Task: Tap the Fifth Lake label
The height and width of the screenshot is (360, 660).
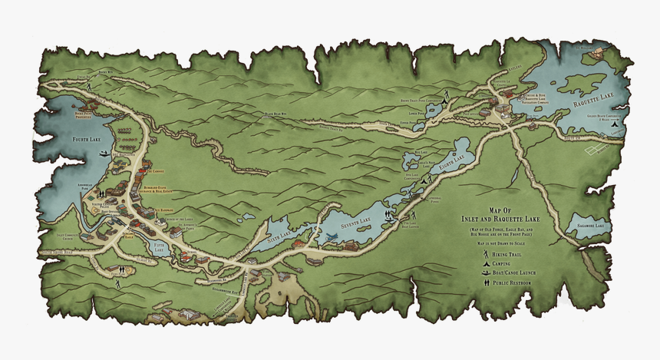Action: coord(159,247)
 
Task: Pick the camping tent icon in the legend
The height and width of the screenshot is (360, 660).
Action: coord(486,263)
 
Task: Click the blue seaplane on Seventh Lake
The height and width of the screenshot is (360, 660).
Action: coord(331,237)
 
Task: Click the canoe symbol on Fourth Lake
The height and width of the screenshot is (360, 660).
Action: coord(104,154)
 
